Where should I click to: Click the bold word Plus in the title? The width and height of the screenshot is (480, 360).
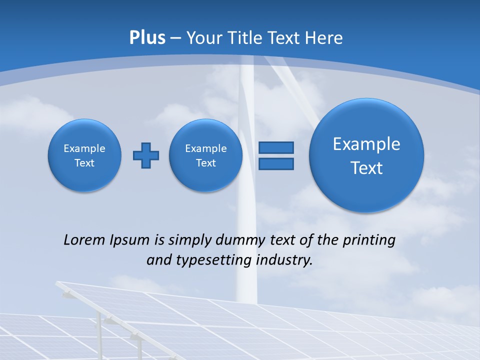pos(147,38)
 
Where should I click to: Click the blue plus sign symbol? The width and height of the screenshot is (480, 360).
pos(146,155)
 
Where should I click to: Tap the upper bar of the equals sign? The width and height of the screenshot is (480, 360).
pos(276,147)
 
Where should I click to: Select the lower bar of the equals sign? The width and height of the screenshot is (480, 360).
pos(276,164)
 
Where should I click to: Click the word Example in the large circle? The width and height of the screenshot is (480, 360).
pos(366,144)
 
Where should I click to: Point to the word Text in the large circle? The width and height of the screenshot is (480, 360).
pos(366,168)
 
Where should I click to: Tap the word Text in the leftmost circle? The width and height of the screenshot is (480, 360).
pos(84,163)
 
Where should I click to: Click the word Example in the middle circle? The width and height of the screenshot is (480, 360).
pos(206,148)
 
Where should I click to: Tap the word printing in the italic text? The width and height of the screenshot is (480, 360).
pos(368,240)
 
